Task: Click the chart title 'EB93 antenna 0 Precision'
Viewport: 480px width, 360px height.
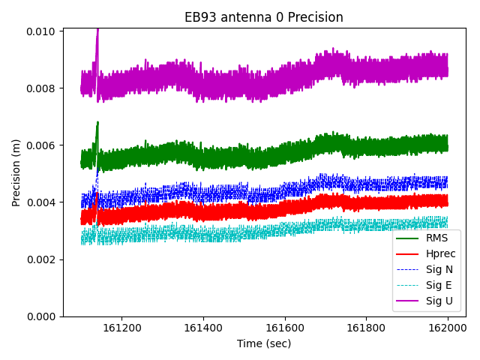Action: point(264,17)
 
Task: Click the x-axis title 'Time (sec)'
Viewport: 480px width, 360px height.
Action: point(264,343)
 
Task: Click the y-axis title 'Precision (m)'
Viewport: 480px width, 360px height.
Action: point(16,172)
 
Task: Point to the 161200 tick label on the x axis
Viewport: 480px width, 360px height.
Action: point(121,328)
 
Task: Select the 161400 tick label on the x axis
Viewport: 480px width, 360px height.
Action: point(203,328)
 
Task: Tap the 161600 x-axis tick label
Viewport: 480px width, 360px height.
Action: point(284,328)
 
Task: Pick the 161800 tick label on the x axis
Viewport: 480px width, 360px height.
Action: point(366,328)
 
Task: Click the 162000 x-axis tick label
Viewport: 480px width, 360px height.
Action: point(448,328)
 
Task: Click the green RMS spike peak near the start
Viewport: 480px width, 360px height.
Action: point(97,122)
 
